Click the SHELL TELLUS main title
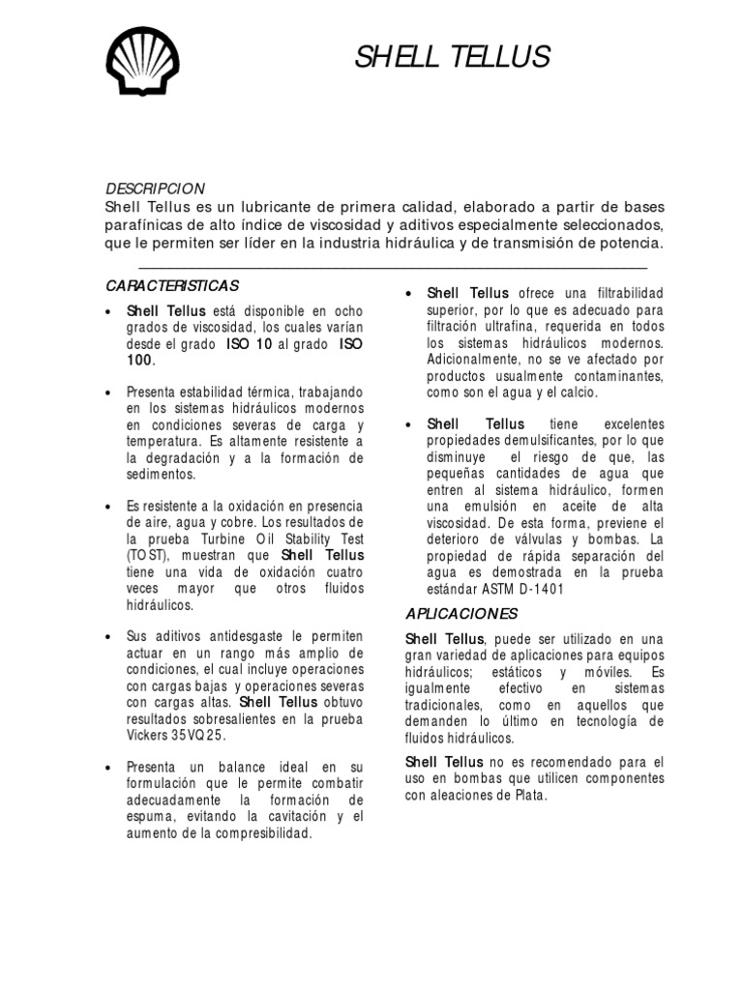[452, 57]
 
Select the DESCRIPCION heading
[155, 188]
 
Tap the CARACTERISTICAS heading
[171, 286]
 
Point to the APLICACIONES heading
[461, 613]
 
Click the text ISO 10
[249, 343]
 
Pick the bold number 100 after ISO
[140, 361]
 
